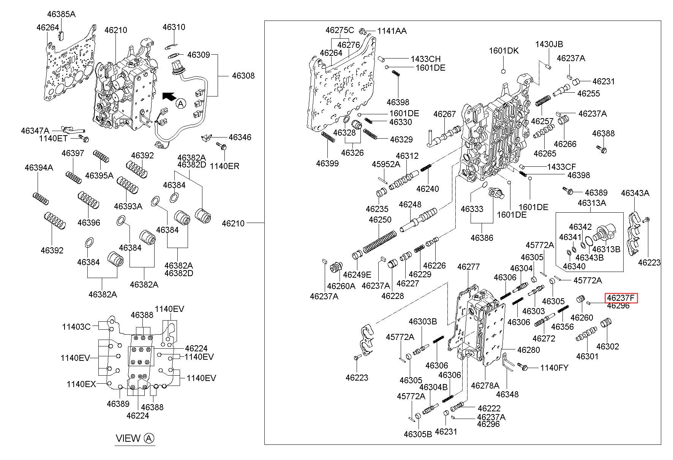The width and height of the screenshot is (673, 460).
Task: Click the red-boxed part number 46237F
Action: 621,298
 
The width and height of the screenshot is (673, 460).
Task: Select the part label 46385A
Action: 61,14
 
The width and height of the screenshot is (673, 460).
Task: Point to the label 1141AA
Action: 392,31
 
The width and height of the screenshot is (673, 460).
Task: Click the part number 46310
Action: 174,27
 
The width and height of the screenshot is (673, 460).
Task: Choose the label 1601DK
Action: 504,51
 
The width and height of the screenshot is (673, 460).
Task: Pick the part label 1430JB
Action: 549,44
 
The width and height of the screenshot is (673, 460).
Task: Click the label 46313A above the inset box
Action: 592,203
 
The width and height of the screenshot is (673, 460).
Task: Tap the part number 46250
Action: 380,220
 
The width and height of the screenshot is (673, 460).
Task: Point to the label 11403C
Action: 76,326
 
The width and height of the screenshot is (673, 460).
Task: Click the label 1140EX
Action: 81,384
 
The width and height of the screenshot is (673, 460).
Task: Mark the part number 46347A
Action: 35,131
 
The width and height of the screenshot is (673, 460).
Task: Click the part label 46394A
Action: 39,168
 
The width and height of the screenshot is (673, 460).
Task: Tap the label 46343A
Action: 635,193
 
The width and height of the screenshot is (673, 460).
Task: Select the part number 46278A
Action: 485,385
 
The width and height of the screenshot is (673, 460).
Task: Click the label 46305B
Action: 418,434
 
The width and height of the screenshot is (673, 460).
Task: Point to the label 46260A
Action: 341,286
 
